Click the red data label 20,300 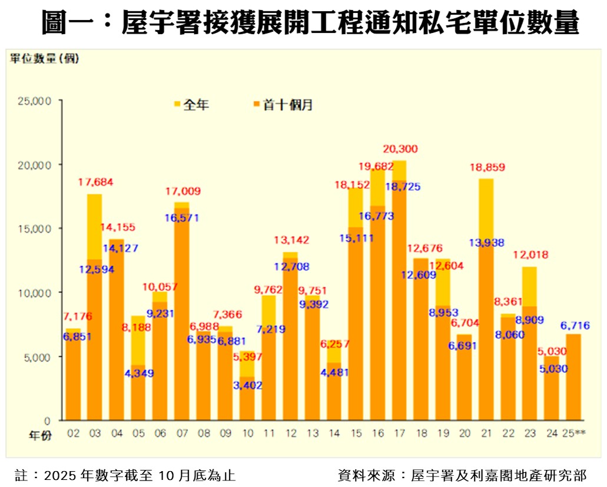click(x=399, y=148)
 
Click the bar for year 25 click(x=572, y=377)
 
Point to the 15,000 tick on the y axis click(x=36, y=228)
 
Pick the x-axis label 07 click(x=182, y=434)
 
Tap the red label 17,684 click(x=95, y=183)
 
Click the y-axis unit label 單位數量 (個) click(x=44, y=58)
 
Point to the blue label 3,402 click(x=247, y=386)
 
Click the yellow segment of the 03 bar click(x=95, y=227)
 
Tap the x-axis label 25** click(x=572, y=434)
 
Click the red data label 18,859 click(x=486, y=167)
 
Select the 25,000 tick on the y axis click(x=36, y=101)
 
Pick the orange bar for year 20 click(x=464, y=377)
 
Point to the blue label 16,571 click(x=181, y=218)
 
